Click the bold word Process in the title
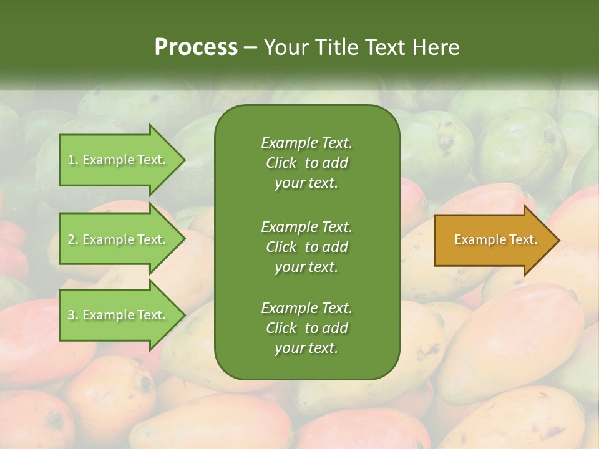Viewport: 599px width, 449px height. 196,47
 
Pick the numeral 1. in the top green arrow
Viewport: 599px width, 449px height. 73,160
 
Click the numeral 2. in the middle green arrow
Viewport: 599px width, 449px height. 73,239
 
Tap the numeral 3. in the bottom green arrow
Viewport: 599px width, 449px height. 73,315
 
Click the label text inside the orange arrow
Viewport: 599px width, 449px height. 496,239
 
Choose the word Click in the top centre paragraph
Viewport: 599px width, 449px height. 281,163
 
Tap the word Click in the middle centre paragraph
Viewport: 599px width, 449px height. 281,247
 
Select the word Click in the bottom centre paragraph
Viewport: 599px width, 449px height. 281,328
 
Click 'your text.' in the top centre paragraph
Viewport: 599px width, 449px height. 306,183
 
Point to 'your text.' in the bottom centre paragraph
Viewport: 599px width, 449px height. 306,348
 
